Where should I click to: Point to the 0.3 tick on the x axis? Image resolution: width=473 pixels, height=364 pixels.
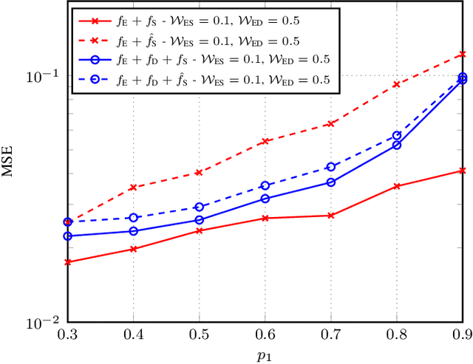pos(68,334)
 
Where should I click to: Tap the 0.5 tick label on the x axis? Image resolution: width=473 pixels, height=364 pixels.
pos(199,334)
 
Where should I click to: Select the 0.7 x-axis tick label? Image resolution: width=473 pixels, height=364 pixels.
pos(331,334)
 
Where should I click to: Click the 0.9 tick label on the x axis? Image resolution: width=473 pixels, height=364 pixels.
pos(462,334)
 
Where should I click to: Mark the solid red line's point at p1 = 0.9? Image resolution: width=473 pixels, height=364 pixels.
pos(463,171)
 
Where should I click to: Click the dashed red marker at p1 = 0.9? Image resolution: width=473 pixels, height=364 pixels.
pos(463,54)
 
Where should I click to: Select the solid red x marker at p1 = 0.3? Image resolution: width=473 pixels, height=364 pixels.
pos(68,262)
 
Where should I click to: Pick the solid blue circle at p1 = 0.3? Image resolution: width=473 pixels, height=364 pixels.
pos(68,236)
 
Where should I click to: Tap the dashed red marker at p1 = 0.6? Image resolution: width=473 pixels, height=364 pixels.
pos(265,141)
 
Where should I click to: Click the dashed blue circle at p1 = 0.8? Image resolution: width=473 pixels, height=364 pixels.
pos(397,136)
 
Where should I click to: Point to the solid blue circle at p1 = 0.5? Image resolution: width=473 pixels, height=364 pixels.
pos(200,220)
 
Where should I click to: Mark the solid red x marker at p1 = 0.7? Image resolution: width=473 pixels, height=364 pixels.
pos(331,216)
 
